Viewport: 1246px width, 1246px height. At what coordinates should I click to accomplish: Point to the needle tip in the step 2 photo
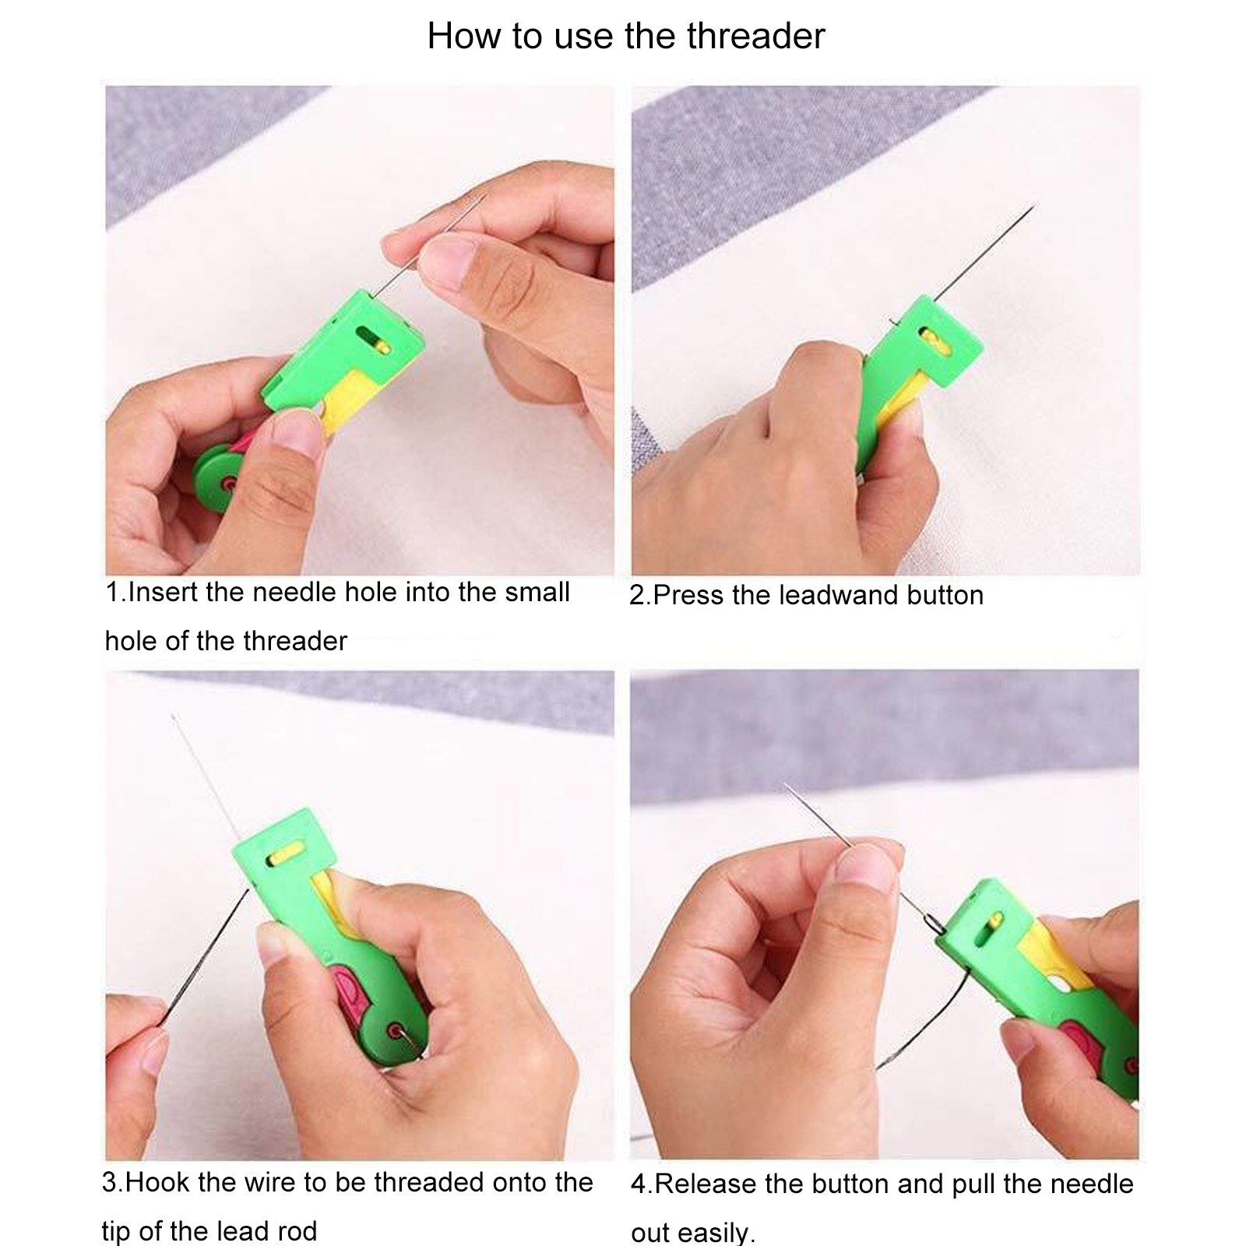(1033, 205)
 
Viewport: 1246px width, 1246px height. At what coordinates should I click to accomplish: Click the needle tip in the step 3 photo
(172, 716)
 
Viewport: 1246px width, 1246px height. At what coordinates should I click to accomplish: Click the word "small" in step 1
(537, 592)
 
